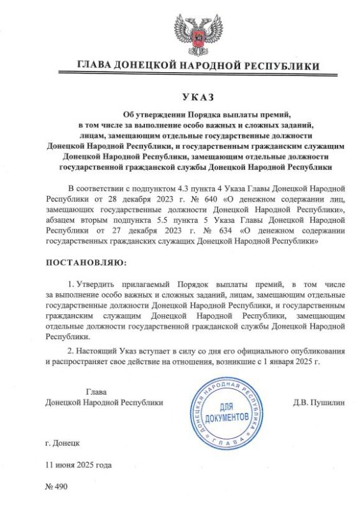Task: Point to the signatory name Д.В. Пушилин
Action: click(x=319, y=403)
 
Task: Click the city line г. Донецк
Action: click(x=63, y=442)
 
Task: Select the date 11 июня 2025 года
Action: click(x=79, y=465)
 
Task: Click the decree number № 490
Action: click(x=57, y=487)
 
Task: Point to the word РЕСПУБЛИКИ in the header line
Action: click(x=283, y=65)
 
